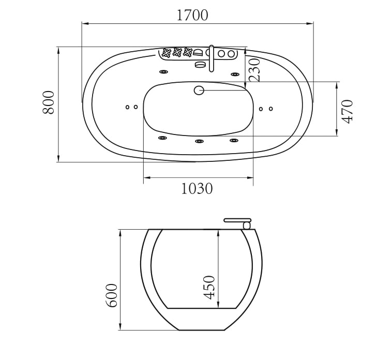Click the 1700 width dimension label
192,15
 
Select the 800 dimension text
48,102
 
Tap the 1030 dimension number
197,189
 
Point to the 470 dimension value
347,111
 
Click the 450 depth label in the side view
209,287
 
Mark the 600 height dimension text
112,295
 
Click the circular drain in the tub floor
199,91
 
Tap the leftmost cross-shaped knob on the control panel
167,52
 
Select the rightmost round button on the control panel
230,53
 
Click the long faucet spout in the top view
211,59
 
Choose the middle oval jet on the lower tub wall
199,141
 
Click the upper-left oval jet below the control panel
163,73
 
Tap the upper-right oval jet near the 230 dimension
235,74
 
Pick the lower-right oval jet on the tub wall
234,140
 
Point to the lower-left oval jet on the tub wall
162,138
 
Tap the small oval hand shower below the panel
200,65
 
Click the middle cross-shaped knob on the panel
177,52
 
